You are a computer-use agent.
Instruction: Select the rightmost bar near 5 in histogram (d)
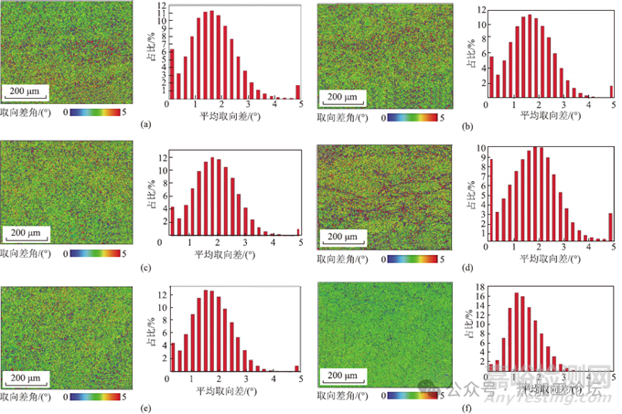point(610,228)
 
